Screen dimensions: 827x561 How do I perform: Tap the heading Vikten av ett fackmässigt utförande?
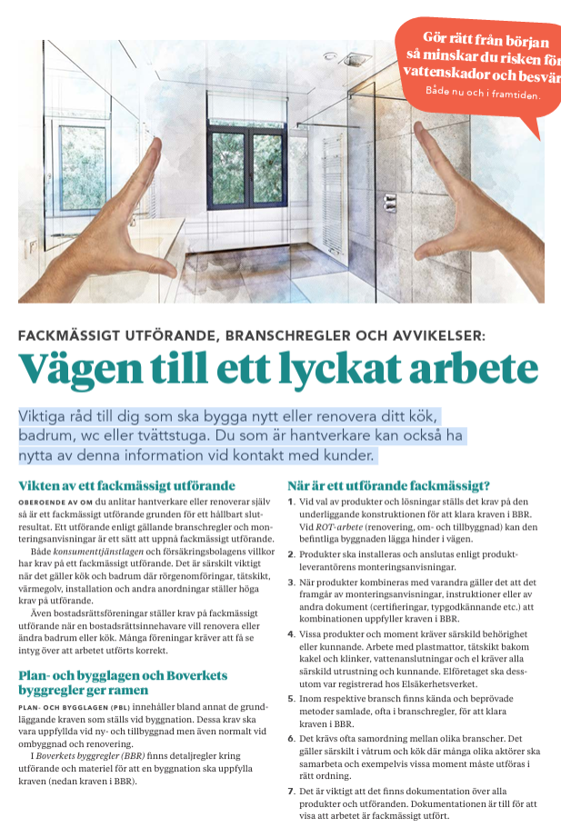127,486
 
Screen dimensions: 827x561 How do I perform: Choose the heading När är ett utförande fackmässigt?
389,486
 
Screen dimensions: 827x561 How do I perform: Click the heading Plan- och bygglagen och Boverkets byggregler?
124,683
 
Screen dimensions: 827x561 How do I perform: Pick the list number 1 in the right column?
291,502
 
